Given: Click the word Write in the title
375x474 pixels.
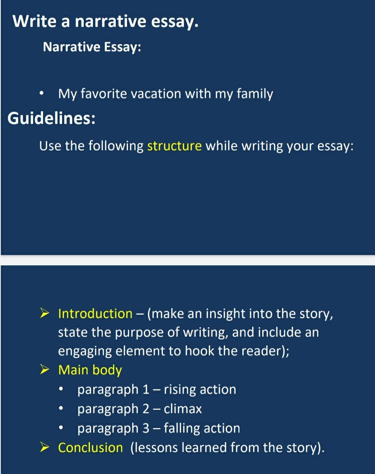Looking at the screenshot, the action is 34,21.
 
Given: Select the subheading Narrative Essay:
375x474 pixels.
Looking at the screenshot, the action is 92,47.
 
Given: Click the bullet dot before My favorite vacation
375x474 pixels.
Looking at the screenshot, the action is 41,94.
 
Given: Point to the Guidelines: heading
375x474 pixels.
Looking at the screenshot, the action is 51,118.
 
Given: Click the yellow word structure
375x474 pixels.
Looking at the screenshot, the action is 174,146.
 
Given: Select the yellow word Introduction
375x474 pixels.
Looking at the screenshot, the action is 95,314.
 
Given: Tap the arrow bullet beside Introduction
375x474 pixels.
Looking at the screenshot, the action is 45,313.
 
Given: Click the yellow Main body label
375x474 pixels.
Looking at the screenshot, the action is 90,370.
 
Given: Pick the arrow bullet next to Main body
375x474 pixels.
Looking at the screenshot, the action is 45,370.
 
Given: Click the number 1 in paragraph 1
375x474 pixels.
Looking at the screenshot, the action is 146,389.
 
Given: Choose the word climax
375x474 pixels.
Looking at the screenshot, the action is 183,409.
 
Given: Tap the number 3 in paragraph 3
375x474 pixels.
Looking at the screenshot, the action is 146,428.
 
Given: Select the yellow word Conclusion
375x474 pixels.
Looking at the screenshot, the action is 90,448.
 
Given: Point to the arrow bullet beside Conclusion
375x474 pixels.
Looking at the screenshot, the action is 45,447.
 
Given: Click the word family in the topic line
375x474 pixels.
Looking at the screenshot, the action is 255,94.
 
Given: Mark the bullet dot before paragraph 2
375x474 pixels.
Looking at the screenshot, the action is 61,409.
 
